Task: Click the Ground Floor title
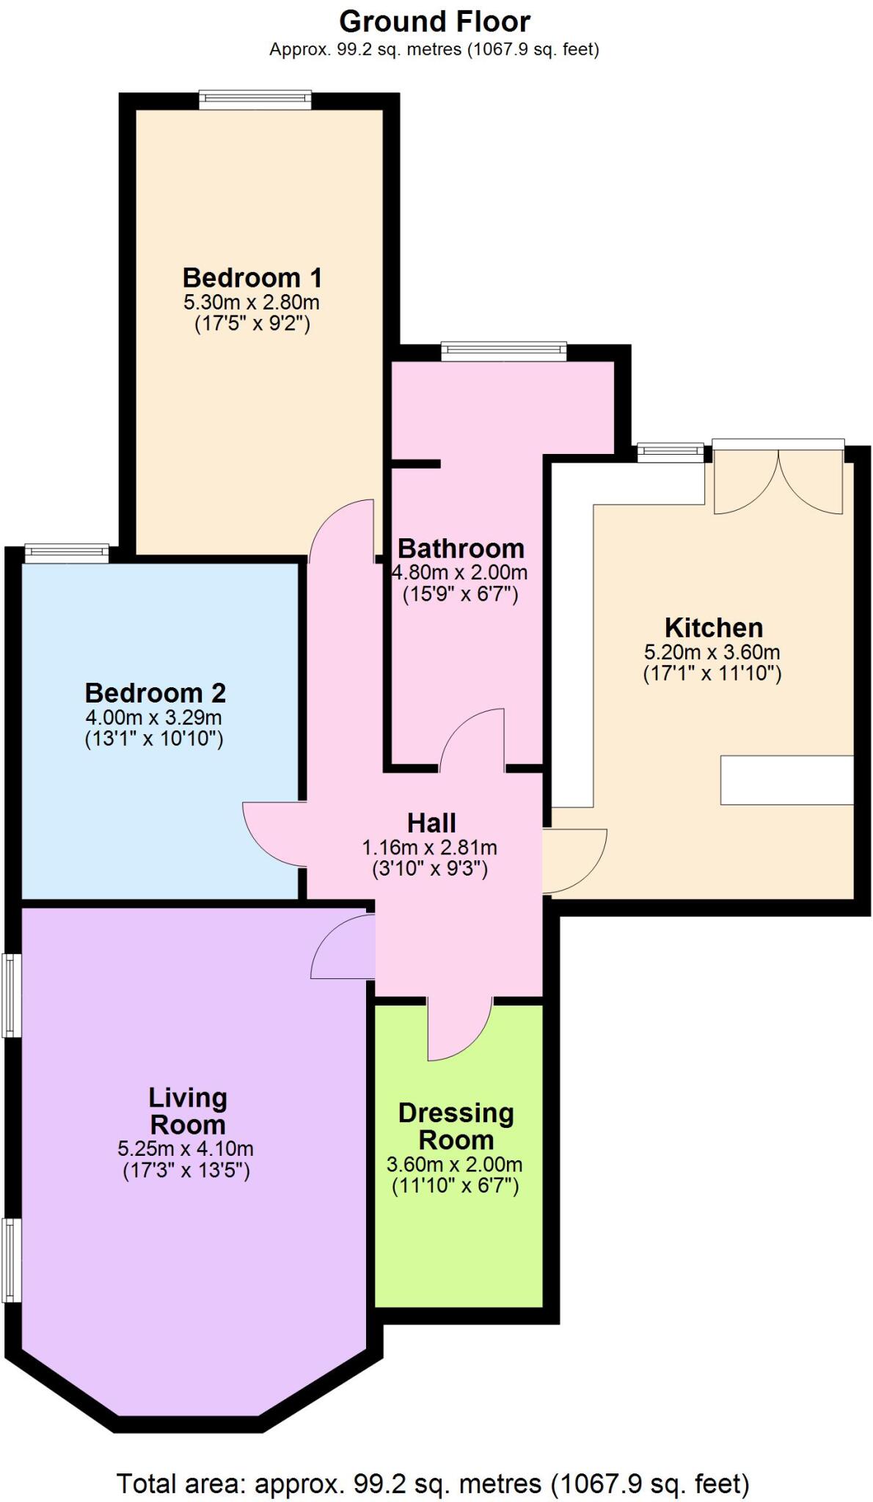(434, 22)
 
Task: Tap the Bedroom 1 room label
(252, 278)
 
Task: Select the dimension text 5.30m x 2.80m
(252, 302)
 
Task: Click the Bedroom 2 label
(155, 693)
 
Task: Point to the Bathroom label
(461, 549)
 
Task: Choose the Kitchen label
(713, 628)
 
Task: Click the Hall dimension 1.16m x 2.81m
(429, 848)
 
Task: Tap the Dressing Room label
(456, 1126)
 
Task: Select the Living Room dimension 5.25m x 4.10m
(186, 1149)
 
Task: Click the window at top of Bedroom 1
(255, 100)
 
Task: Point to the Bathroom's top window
(504, 351)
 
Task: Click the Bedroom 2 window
(67, 554)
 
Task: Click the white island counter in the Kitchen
(786, 780)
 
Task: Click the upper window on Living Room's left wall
(10, 994)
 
